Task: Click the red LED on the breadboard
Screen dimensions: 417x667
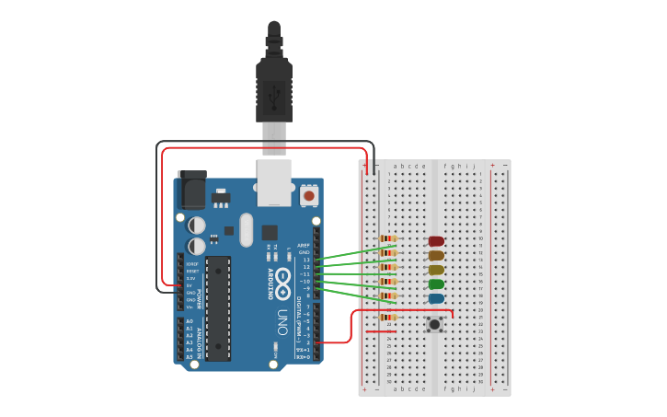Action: (x=436, y=241)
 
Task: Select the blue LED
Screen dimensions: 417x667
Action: (x=436, y=299)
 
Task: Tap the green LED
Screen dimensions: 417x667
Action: (x=436, y=284)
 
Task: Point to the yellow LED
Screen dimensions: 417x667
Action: (x=436, y=270)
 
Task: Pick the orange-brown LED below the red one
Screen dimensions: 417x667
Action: (x=436, y=255)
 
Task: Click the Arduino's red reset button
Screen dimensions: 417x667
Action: (x=309, y=195)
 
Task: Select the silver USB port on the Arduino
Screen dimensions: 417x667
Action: (x=274, y=183)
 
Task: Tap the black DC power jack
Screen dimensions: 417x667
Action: (x=192, y=191)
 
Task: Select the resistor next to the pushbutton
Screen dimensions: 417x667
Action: (x=388, y=318)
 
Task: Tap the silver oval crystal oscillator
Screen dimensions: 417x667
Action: (x=246, y=230)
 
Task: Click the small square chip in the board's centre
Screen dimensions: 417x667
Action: (x=270, y=233)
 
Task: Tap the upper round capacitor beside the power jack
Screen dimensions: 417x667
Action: (x=197, y=225)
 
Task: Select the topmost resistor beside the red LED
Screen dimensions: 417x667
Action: (x=388, y=238)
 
